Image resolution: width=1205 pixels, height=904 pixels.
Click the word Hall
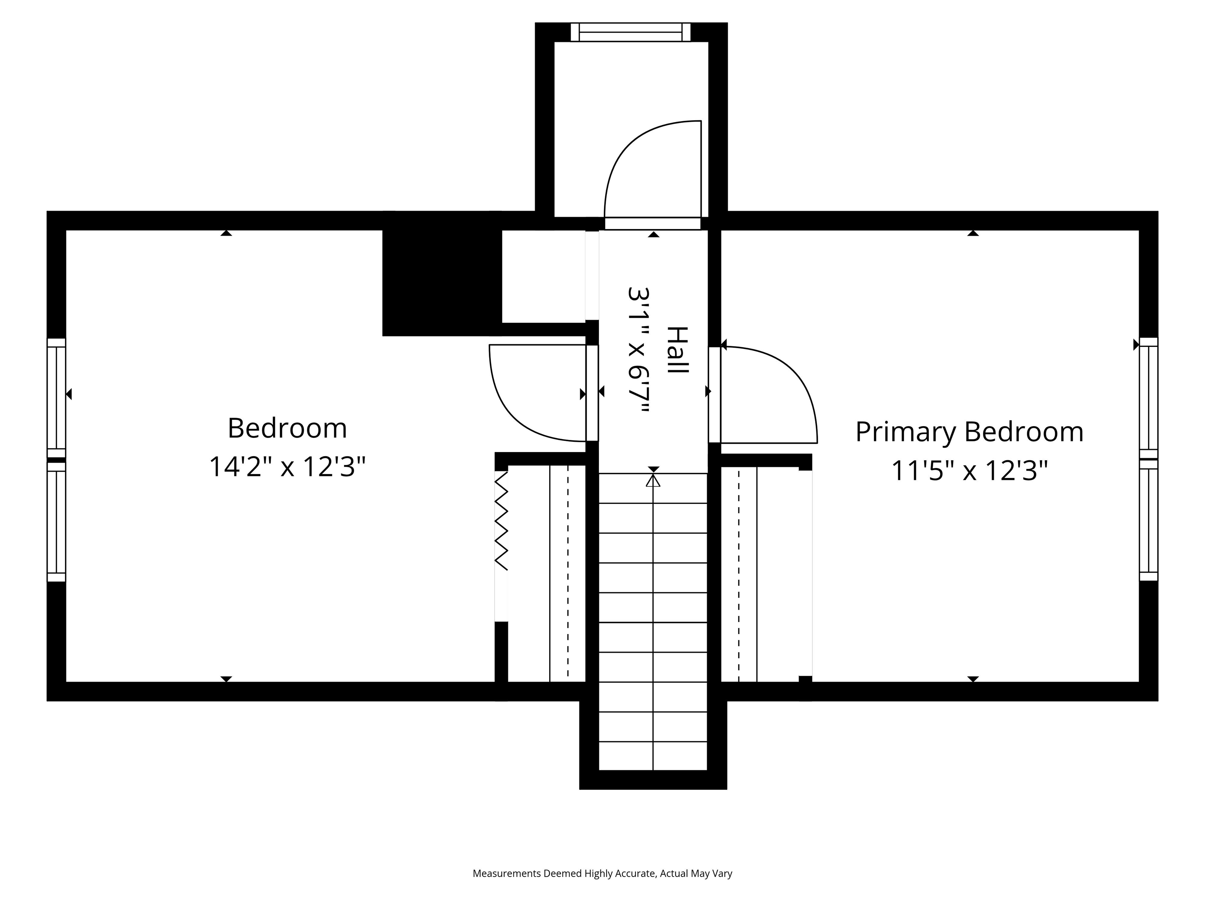(x=678, y=350)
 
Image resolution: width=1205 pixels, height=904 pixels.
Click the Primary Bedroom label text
(x=969, y=432)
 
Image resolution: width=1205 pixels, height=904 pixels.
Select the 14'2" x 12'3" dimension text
(x=287, y=467)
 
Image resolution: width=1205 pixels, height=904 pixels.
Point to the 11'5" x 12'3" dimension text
(x=969, y=471)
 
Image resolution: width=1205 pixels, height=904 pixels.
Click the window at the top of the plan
(x=630, y=32)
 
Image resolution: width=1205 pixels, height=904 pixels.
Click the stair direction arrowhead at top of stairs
(x=653, y=481)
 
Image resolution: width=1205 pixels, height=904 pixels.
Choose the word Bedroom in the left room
(x=287, y=428)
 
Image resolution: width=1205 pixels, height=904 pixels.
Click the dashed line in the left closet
(x=568, y=572)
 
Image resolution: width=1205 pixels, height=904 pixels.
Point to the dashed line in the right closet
(x=739, y=572)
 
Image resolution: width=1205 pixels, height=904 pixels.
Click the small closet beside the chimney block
(x=543, y=276)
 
